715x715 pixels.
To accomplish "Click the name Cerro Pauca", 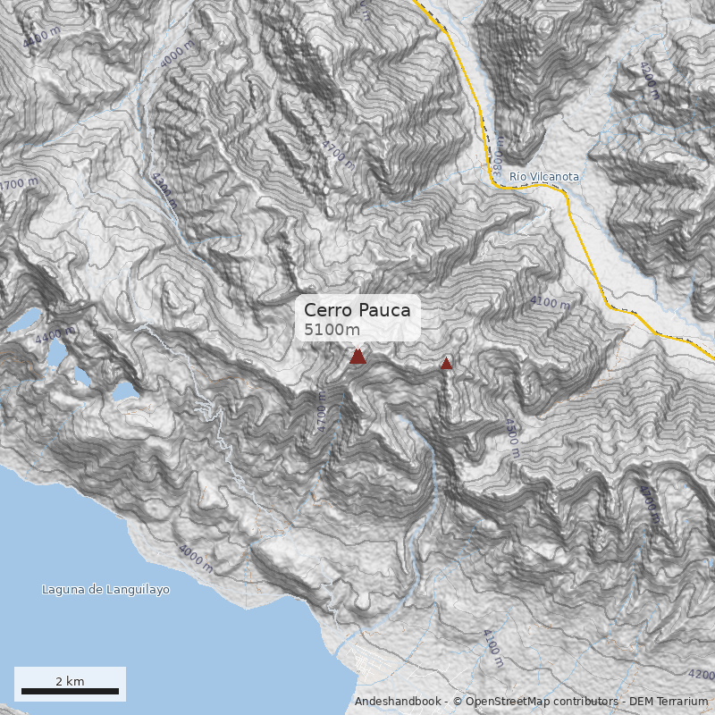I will click(357, 310).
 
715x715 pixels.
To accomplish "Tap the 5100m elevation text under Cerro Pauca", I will click(332, 330).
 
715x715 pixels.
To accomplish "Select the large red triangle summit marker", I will click(357, 357).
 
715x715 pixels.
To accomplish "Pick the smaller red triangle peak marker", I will click(446, 363).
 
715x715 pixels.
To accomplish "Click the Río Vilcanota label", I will click(544, 177).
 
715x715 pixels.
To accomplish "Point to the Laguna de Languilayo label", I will click(105, 590).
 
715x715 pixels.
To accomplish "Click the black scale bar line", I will click(70, 691).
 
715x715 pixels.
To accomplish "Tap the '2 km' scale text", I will click(70, 681).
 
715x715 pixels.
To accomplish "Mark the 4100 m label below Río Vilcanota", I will click(550, 303).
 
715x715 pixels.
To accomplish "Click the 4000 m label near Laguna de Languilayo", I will click(196, 559).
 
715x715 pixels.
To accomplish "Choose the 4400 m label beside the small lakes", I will click(55, 337).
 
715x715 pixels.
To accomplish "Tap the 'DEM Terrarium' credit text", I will click(668, 702).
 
